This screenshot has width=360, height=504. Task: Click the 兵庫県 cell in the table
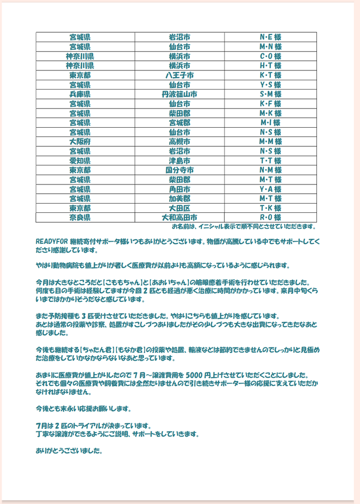click(x=80, y=94)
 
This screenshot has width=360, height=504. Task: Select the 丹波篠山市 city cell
click(x=180, y=94)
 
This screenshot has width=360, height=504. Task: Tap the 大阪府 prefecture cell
click(x=80, y=141)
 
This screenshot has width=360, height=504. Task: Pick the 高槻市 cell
click(x=180, y=141)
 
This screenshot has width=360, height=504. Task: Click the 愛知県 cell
click(x=80, y=160)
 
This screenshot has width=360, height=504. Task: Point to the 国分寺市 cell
click(x=180, y=170)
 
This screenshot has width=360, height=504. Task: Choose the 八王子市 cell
click(x=180, y=75)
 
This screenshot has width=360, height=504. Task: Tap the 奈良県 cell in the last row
click(x=80, y=217)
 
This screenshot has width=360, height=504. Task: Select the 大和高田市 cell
click(x=180, y=217)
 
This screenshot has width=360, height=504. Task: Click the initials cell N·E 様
click(x=270, y=37)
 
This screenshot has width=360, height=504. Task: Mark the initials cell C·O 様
click(x=270, y=56)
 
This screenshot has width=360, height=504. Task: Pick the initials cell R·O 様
click(x=270, y=217)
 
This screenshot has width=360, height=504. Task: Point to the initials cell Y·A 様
click(x=270, y=189)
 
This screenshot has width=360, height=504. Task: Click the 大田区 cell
click(x=180, y=208)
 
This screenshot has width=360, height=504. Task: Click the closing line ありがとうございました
click(x=69, y=451)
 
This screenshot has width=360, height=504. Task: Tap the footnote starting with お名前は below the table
click(x=244, y=227)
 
